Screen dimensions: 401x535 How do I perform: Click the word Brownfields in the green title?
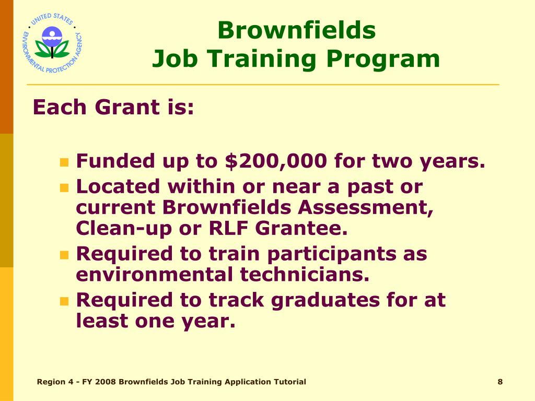click(296, 30)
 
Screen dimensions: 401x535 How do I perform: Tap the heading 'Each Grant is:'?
click(113, 108)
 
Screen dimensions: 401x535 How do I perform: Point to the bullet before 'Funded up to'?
click(64, 162)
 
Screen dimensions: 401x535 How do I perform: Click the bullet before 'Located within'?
click(64, 187)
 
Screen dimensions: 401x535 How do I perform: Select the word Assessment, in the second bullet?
click(366, 207)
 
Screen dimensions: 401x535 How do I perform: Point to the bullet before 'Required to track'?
click(64, 301)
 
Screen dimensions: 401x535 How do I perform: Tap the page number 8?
click(500, 382)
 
